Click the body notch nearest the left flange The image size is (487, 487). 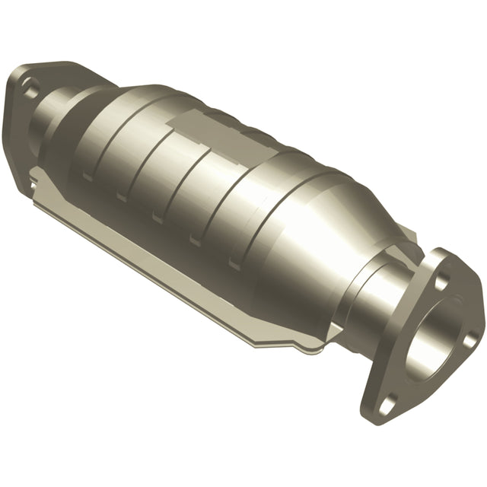(88, 177)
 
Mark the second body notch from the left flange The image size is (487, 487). (122, 197)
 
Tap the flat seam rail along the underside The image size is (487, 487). (190, 282)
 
